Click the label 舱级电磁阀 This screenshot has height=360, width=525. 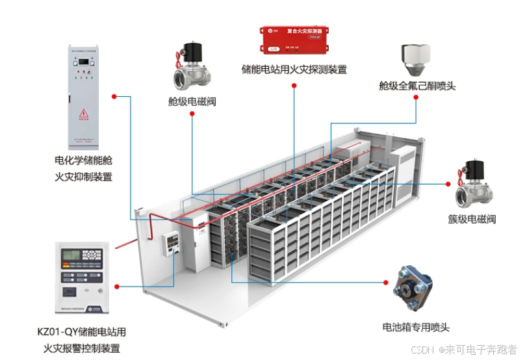192,101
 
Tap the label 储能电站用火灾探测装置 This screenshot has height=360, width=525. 294,70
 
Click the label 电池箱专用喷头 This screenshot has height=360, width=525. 416,328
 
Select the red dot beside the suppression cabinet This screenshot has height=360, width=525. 114,97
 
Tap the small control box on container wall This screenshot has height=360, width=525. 172,246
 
